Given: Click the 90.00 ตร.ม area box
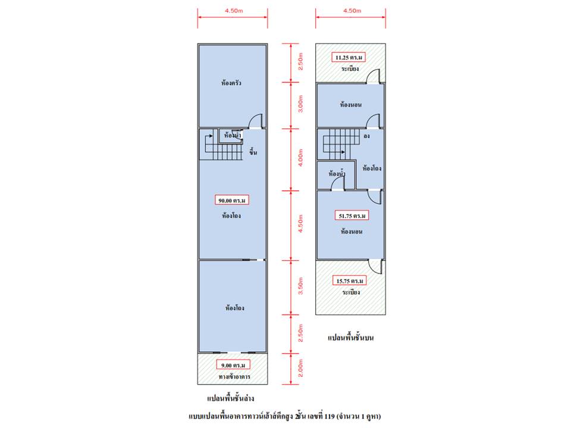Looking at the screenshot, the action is click(232, 200).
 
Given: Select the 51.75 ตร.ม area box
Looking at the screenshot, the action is click(352, 215).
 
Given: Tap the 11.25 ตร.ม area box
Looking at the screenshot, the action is click(349, 58).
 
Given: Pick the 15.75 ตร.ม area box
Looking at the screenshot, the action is click(350, 281).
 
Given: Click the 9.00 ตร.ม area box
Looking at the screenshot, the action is click(233, 364).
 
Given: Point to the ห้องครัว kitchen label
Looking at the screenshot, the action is click(231, 83).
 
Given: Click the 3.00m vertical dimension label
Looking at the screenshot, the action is click(300, 103).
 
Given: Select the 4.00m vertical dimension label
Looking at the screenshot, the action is click(300, 158).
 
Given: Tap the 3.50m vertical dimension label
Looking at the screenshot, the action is click(300, 286).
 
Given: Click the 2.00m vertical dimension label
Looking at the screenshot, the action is click(300, 368).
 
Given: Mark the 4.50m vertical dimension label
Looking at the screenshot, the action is click(300, 224).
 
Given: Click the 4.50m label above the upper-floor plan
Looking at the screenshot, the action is click(352, 11).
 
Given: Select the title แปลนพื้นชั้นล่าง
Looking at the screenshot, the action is click(231, 398).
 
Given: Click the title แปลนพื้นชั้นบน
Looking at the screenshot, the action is click(351, 338).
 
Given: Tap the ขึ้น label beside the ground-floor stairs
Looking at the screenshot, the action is click(253, 152).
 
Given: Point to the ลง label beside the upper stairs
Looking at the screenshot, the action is click(367, 136).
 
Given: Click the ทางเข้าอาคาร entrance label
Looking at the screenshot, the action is click(234, 377).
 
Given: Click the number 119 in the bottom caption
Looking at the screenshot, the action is click(329, 416).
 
